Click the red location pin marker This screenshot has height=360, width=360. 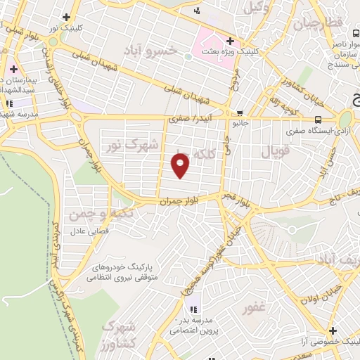pyautogui.click(x=181, y=166)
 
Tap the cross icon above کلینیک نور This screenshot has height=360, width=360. pyautogui.click(x=66, y=17)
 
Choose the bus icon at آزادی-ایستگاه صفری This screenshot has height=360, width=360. pyautogui.click(x=319, y=120)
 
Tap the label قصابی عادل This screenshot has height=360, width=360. pyautogui.click(x=87, y=231)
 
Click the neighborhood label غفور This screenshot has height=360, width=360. pyautogui.click(x=255, y=308)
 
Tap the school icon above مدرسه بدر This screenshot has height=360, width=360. pyautogui.click(x=193, y=309)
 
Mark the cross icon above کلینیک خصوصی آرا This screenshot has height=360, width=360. pyautogui.click(x=332, y=330)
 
